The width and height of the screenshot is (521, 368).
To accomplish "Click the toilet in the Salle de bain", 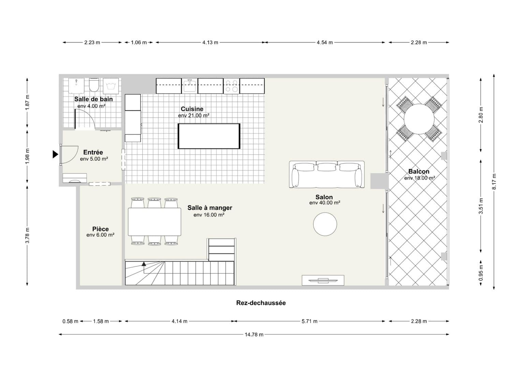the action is [x=94, y=85].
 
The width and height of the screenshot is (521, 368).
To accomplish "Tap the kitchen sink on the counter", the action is [x=190, y=86].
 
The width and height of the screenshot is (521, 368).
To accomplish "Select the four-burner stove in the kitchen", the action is [x=232, y=86].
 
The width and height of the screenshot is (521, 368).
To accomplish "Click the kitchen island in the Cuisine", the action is [x=209, y=136].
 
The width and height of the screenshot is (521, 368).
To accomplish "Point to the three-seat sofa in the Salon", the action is [x=327, y=174].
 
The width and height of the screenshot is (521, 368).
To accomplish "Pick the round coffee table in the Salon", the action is [x=325, y=224].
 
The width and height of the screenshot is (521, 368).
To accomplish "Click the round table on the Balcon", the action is [x=419, y=119].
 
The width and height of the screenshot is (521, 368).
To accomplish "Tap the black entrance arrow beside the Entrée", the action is [x=55, y=154].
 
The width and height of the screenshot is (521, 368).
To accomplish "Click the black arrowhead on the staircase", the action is [x=144, y=264].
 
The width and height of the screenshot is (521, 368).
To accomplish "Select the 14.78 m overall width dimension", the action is [x=254, y=335].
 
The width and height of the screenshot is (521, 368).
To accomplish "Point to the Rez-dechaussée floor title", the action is [x=261, y=303].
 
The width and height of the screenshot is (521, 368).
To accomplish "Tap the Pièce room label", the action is [x=101, y=229].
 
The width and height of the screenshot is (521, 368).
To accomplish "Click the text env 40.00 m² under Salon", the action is [x=325, y=203].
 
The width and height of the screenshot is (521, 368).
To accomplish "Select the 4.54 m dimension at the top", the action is [x=325, y=43].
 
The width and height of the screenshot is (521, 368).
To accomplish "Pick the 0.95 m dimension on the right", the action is [x=481, y=273].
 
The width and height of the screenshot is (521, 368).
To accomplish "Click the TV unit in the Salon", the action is [x=323, y=280].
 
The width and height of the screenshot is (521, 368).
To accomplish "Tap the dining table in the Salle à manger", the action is [x=154, y=222].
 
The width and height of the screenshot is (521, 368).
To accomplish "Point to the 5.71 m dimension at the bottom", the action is [x=309, y=321].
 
